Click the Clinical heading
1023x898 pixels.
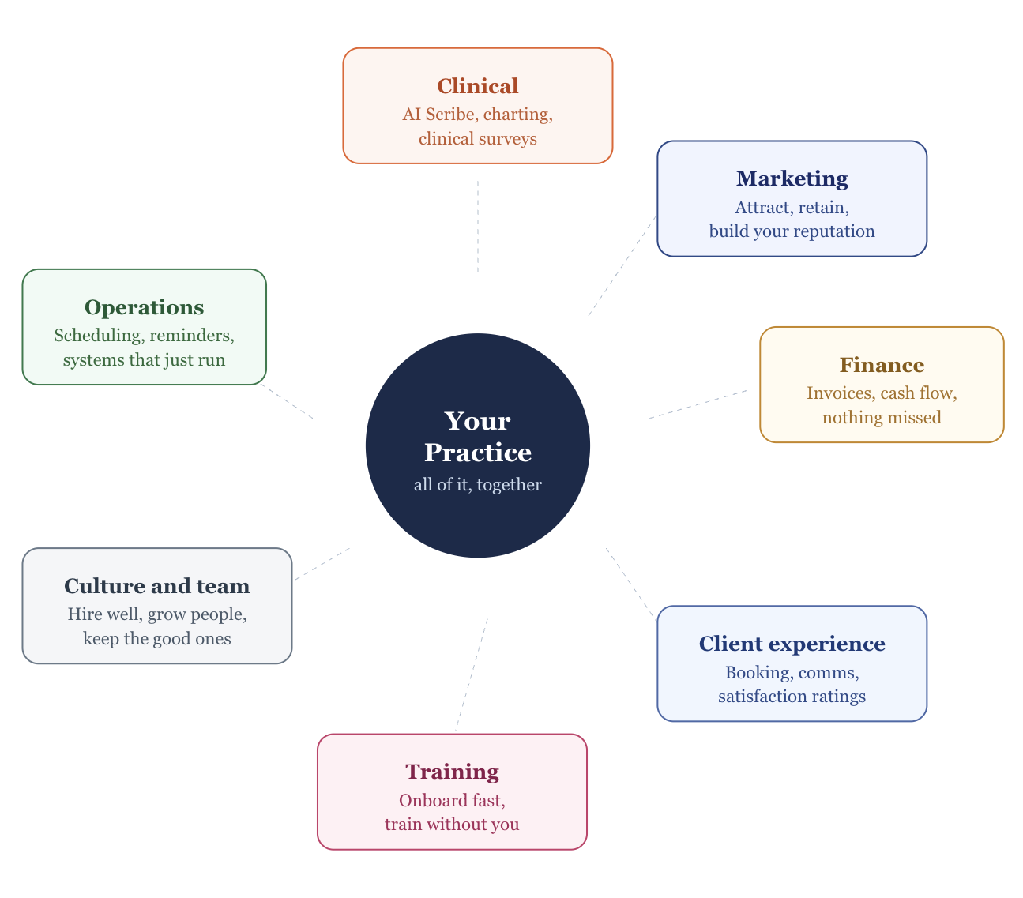click(x=477, y=86)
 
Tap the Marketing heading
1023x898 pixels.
click(x=792, y=178)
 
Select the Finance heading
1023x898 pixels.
click(x=882, y=365)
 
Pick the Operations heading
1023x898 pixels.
click(x=144, y=307)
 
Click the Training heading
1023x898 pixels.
click(x=452, y=772)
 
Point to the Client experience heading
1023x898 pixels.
click(x=792, y=644)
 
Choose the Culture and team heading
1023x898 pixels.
click(x=156, y=586)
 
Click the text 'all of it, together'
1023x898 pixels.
click(x=477, y=485)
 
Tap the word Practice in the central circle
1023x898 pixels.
click(x=477, y=453)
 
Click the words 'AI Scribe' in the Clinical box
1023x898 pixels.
click(x=438, y=115)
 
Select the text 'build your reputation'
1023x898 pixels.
click(x=792, y=231)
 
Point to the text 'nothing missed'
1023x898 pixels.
click(x=882, y=418)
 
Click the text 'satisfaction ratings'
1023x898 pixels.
click(x=792, y=697)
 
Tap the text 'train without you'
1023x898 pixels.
click(x=452, y=825)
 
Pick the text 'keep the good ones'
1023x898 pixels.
click(x=156, y=639)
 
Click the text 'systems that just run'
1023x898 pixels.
click(x=144, y=360)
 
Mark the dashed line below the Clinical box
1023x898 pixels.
click(x=477, y=226)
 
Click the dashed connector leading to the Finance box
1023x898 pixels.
click(x=698, y=404)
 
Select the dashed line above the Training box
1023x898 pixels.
click(x=472, y=674)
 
